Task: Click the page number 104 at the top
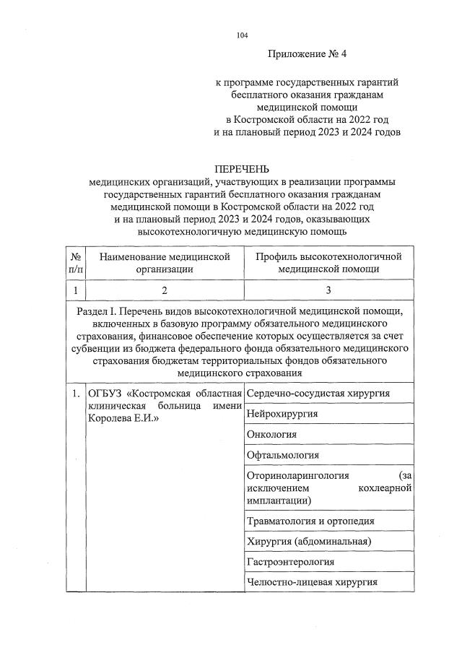242,35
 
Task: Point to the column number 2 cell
165,290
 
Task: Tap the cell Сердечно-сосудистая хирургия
318,393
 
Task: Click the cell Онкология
271,435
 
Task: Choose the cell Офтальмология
283,456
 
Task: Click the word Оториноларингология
298,475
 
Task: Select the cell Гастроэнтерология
290,562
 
